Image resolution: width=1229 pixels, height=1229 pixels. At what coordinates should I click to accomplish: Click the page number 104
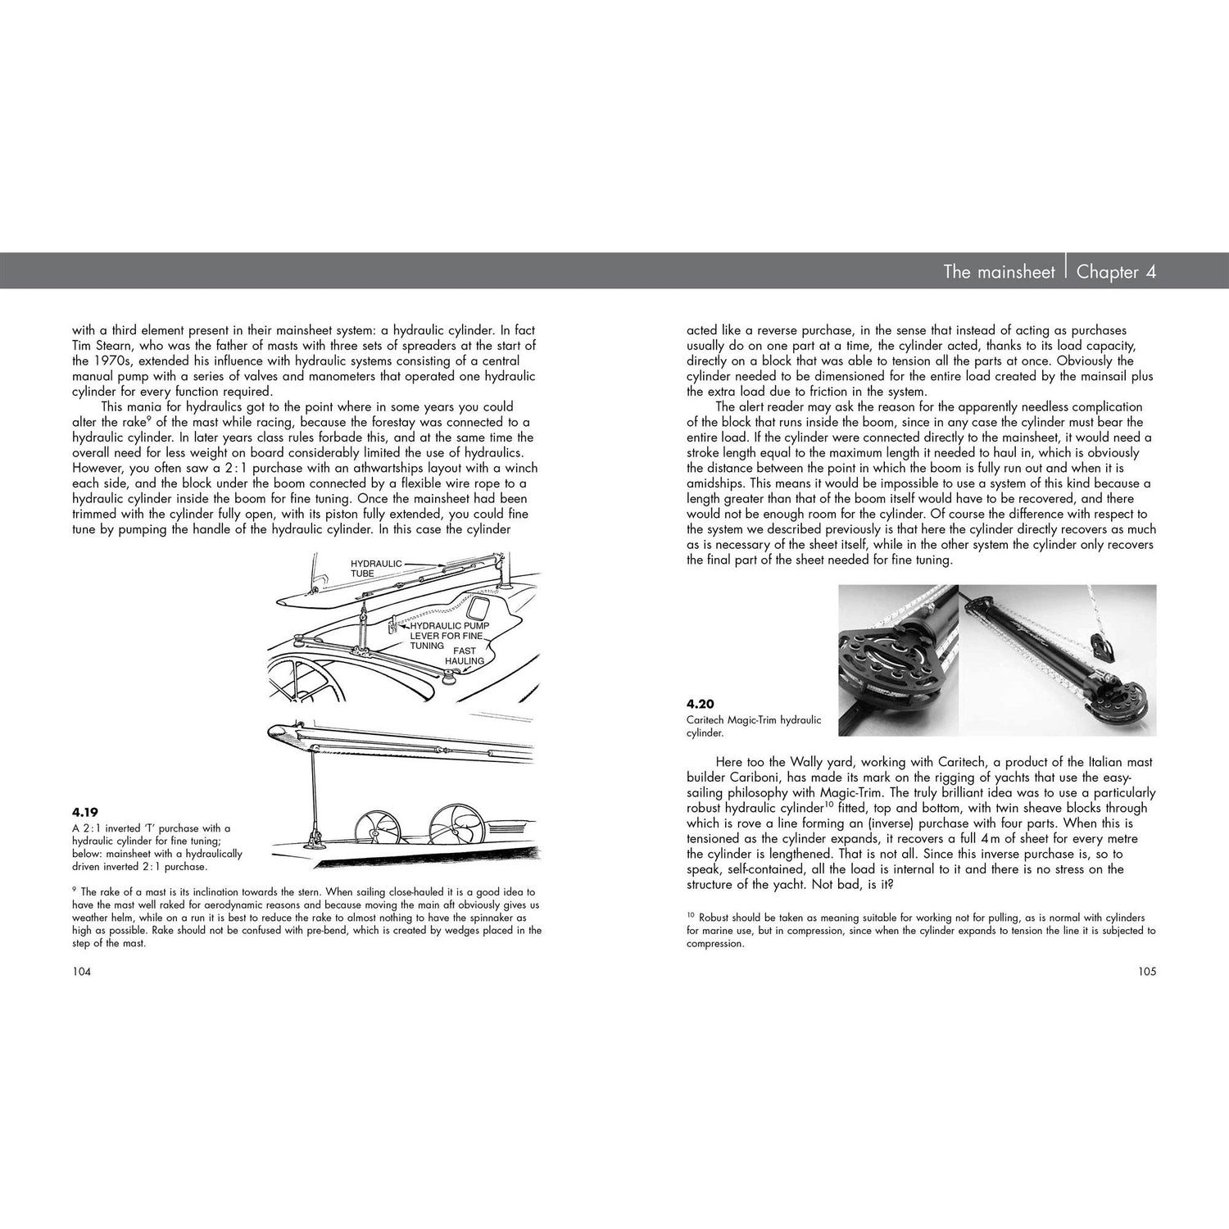pos(81,972)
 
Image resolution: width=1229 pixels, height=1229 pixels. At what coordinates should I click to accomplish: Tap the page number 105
pos(1146,972)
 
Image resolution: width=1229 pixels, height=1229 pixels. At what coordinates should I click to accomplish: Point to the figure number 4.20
pos(702,703)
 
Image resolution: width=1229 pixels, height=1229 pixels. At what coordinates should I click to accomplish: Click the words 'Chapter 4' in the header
pos(1116,272)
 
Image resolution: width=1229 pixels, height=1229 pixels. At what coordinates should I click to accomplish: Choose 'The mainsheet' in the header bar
pos(999,272)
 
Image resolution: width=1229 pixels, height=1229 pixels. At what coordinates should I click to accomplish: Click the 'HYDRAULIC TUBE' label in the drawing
pos(376,569)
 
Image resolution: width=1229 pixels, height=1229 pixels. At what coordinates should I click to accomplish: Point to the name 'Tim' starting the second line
pos(82,345)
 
